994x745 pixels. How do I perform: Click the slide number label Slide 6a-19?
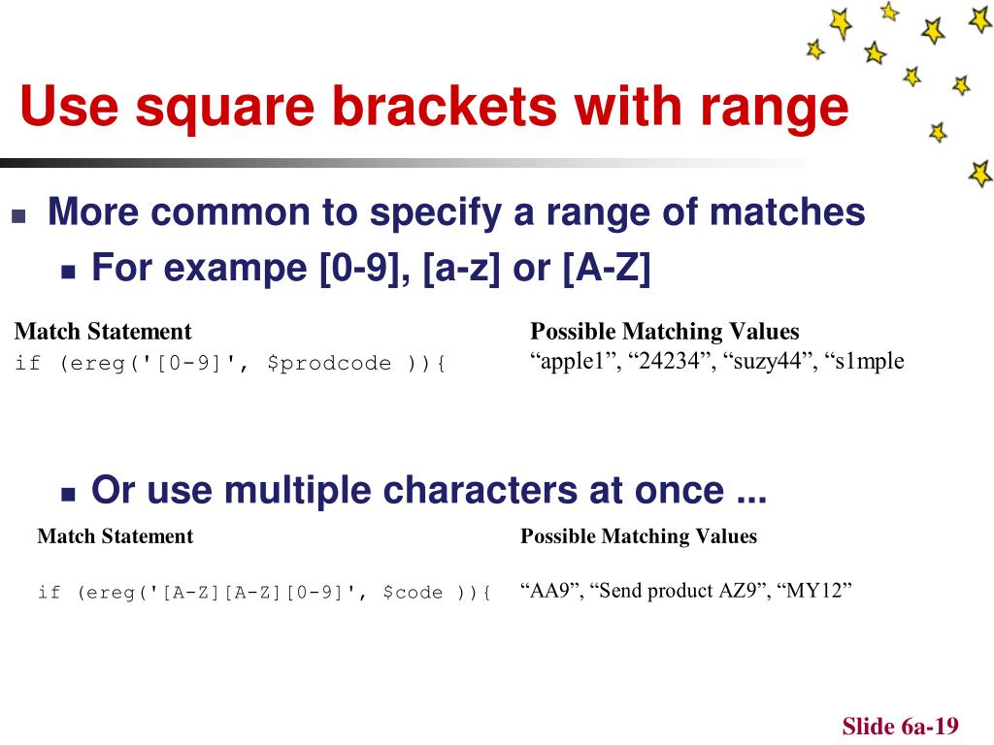tap(900, 727)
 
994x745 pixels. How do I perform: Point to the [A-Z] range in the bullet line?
tap(606, 268)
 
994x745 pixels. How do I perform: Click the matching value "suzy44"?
tap(763, 362)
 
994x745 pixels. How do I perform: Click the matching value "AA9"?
tap(549, 591)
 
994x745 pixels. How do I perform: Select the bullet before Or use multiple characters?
tap(68, 494)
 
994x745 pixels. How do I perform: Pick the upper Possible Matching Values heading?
tap(665, 332)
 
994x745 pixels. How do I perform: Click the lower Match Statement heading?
tap(115, 535)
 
